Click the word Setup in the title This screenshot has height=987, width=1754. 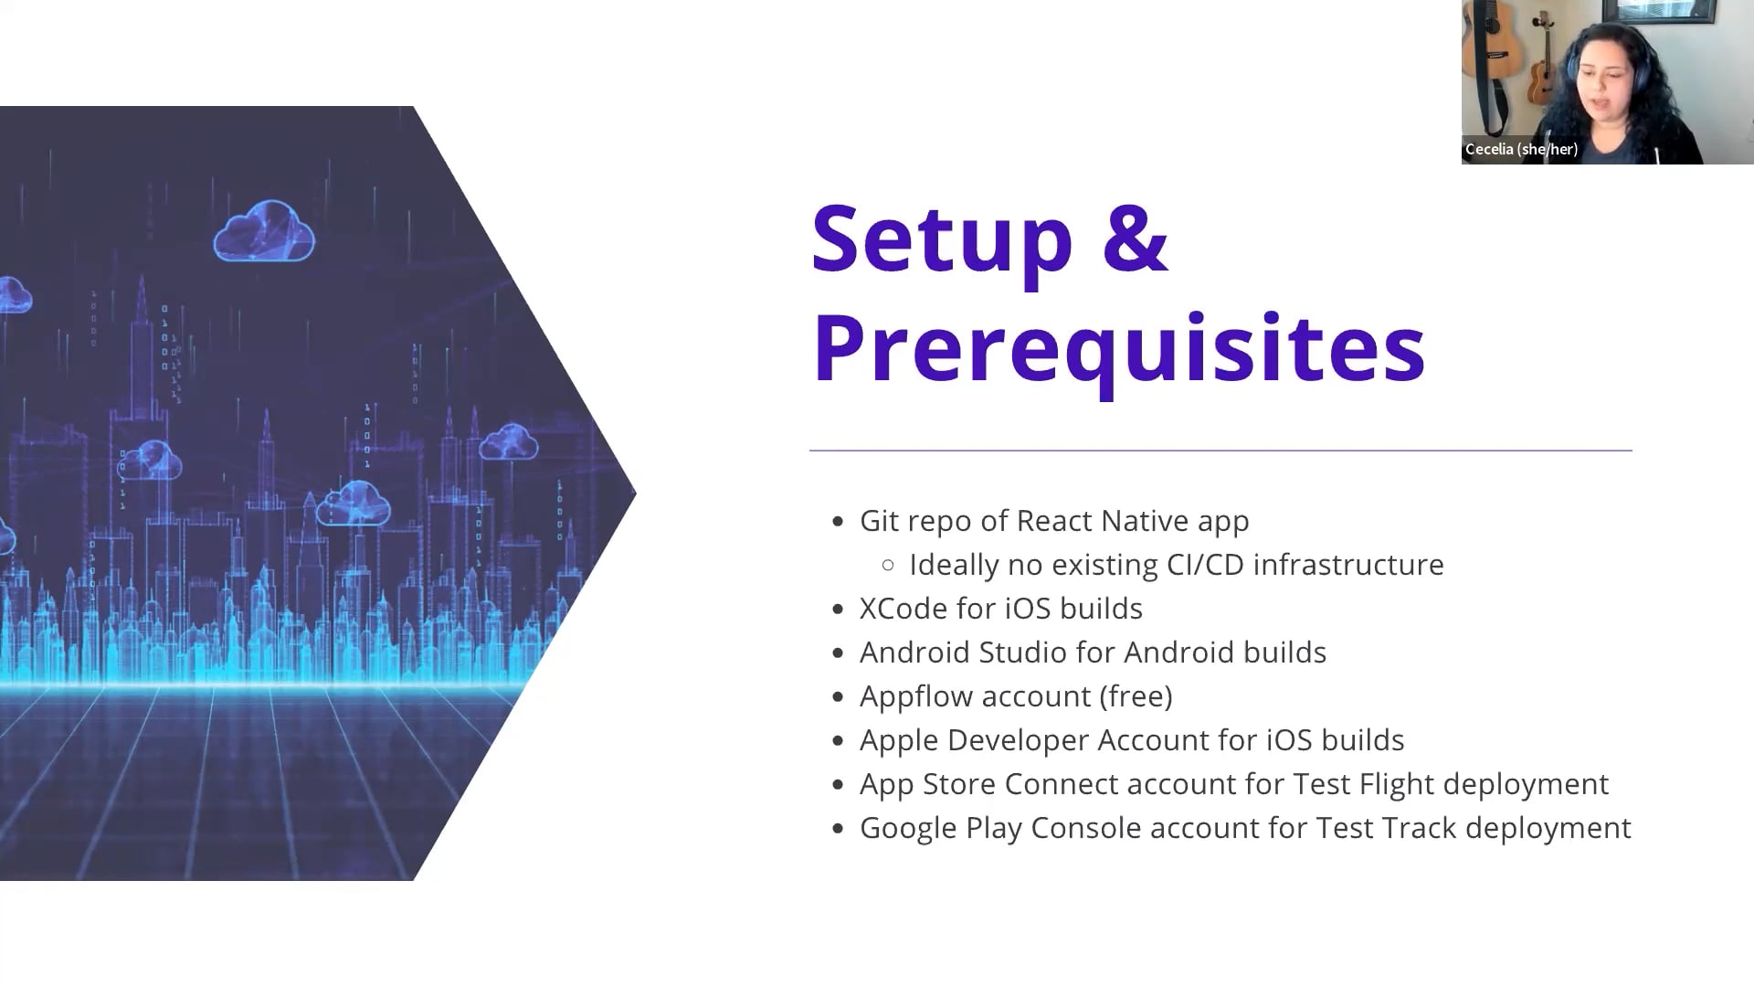[942, 239]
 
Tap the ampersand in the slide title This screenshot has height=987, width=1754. [1136, 237]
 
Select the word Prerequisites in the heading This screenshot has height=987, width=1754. [1118, 348]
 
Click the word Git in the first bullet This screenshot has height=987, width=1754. [881, 521]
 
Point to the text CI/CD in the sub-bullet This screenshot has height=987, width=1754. [1206, 565]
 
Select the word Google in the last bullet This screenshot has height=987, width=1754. [909, 829]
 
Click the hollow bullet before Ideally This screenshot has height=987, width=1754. [888, 566]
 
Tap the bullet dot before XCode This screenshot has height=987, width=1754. [838, 610]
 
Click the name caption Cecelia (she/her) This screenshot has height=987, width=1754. [1521, 149]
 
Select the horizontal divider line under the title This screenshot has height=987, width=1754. [1220, 451]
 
